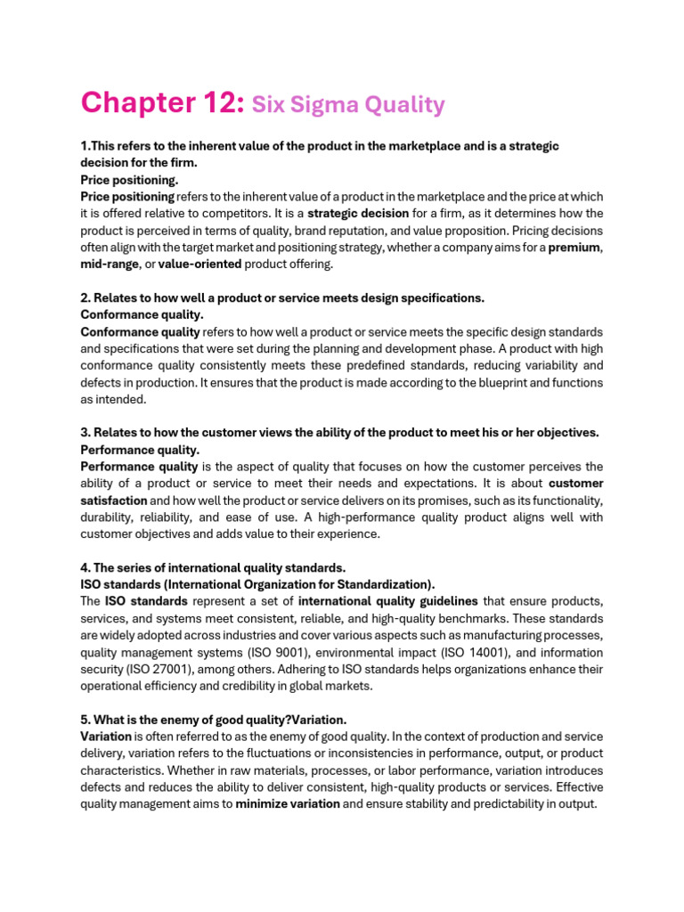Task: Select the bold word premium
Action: (574, 248)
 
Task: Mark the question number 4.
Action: (85, 567)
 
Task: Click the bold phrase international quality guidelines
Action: (388, 601)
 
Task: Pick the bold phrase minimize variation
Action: (288, 804)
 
